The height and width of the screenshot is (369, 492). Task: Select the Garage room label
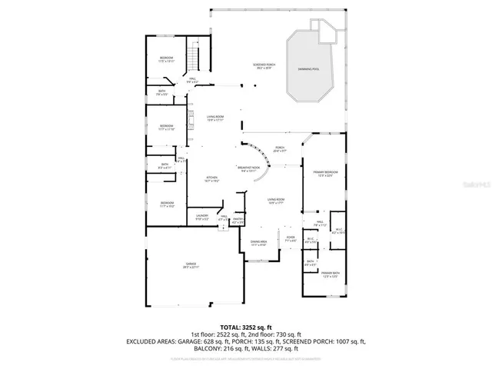click(191, 266)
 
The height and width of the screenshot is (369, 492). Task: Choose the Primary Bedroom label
click(322, 174)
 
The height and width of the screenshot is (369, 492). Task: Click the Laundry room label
click(202, 217)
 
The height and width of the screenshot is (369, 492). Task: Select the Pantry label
click(238, 221)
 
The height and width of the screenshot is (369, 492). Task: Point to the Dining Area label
click(258, 243)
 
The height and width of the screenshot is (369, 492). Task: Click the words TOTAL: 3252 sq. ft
click(246, 327)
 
